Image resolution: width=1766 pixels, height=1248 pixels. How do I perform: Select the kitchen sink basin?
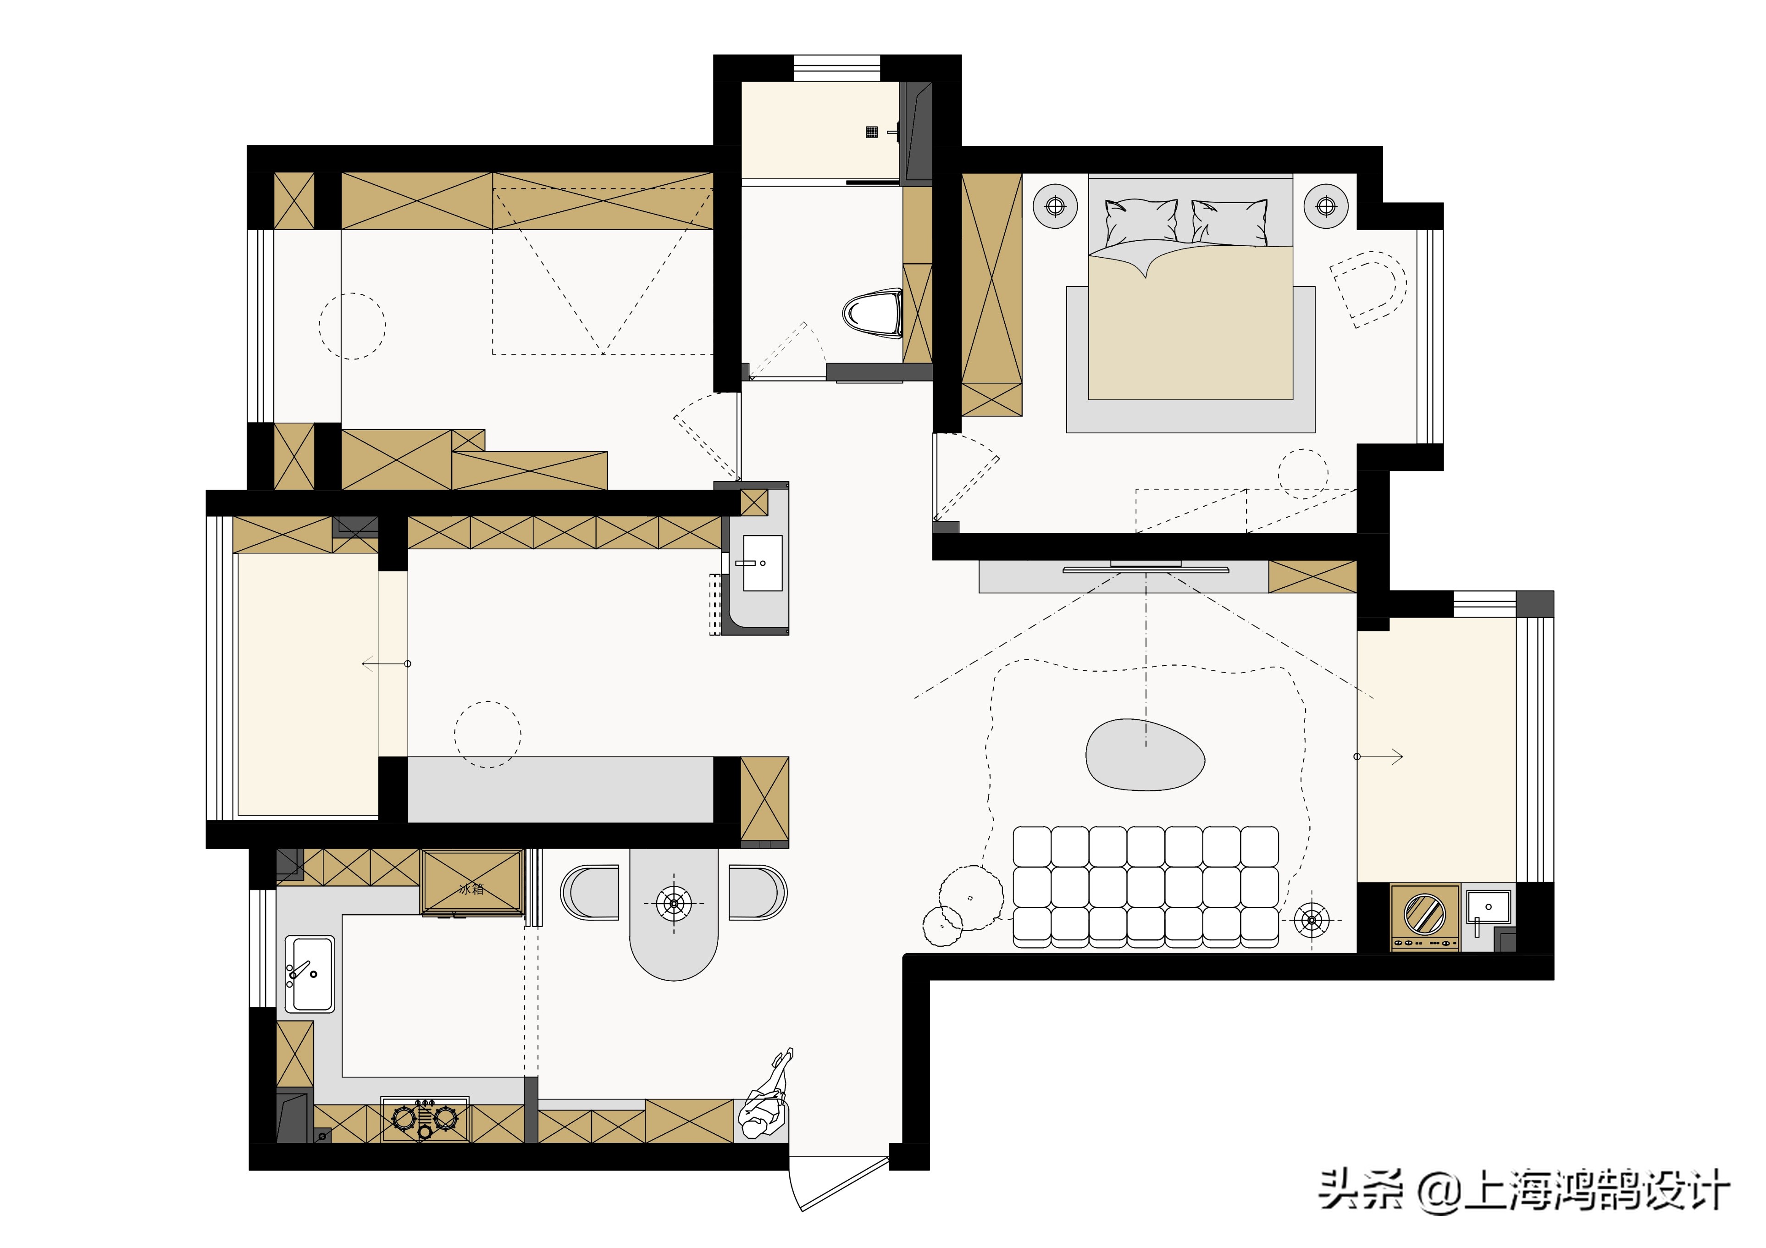[x=310, y=973]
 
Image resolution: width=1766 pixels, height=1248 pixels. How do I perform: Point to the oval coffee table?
[x=1145, y=755]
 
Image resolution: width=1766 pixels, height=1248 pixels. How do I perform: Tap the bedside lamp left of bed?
[x=1055, y=206]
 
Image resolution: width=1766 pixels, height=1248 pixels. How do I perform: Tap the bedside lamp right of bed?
[x=1326, y=206]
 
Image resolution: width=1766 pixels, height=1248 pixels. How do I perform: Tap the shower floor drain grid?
[x=871, y=132]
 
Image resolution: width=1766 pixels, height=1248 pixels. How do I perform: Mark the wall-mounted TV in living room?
[x=1146, y=569]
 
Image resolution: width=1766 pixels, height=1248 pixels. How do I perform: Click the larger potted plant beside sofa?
[x=971, y=897]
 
